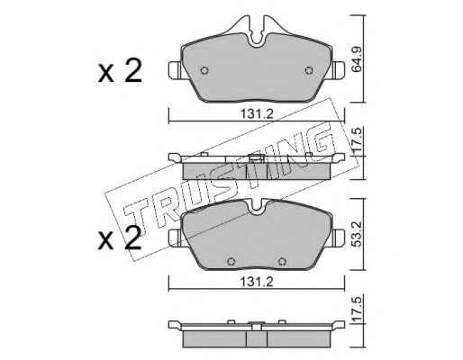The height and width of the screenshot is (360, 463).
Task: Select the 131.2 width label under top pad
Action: [x=257, y=114]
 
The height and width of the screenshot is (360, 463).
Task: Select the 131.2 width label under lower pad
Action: [x=257, y=282]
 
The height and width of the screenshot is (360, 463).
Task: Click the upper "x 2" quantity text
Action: [x=120, y=71]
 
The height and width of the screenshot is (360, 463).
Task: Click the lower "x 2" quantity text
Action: [x=120, y=238]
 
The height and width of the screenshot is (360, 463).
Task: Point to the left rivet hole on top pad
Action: [x=204, y=70]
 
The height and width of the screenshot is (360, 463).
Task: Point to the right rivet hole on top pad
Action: [x=309, y=70]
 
